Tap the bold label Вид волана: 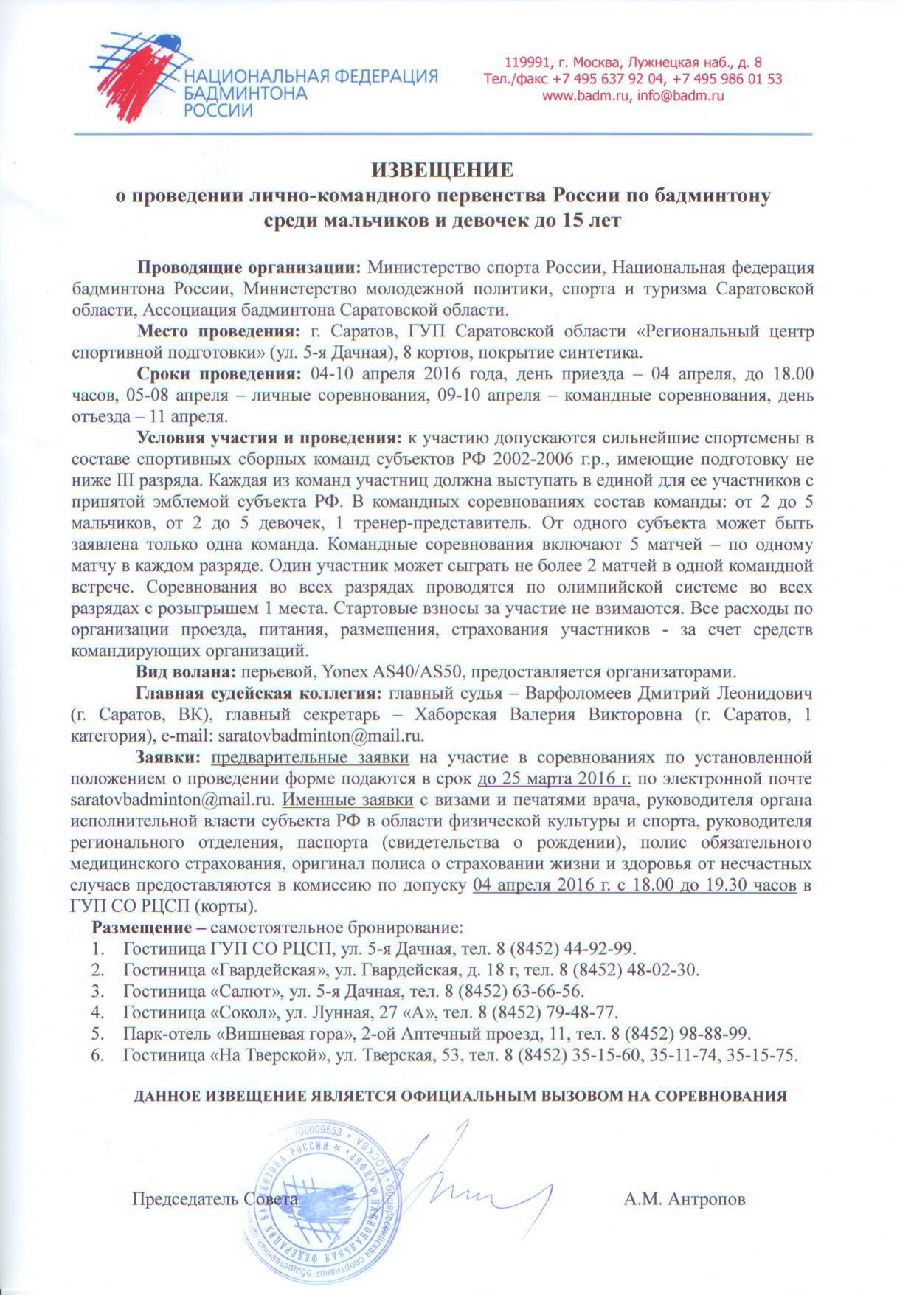tap(184, 672)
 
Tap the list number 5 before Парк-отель tap(96, 1032)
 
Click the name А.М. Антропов tap(685, 1199)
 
